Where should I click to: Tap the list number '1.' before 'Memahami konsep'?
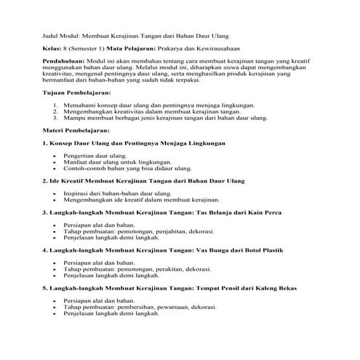click(57, 105)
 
